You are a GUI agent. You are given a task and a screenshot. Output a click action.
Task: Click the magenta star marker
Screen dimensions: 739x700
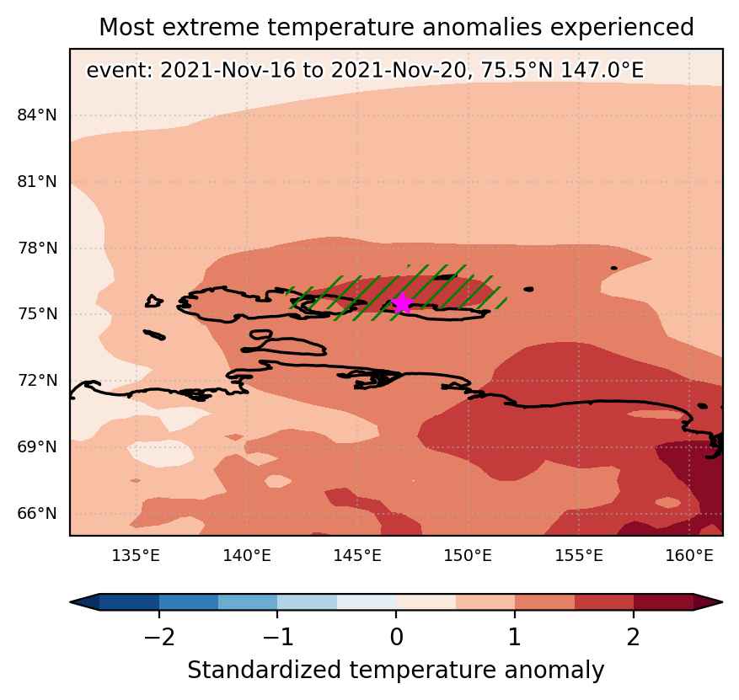tap(402, 303)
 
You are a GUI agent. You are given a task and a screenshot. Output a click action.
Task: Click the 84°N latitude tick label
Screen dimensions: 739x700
tap(37, 115)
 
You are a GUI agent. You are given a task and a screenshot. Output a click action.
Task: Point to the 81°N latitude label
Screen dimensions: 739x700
tap(37, 181)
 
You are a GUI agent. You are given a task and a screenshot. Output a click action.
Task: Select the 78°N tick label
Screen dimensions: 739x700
tap(37, 248)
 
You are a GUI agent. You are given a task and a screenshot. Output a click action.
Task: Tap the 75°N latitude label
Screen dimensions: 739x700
tap(37, 313)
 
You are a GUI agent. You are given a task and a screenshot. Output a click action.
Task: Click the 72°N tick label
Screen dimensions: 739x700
tap(37, 380)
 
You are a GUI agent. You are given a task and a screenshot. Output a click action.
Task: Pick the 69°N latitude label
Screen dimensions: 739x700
tap(37, 446)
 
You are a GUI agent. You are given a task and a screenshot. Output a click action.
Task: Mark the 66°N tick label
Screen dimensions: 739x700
tap(37, 513)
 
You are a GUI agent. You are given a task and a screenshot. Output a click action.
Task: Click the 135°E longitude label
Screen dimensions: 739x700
tap(136, 556)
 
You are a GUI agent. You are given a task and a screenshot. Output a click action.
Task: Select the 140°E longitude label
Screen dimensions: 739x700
tap(247, 556)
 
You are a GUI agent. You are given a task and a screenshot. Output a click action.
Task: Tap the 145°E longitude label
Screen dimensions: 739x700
tap(357, 556)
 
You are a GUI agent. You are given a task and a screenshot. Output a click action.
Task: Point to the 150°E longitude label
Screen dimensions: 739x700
tap(468, 556)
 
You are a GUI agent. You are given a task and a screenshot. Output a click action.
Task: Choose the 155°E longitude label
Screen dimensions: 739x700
tap(579, 556)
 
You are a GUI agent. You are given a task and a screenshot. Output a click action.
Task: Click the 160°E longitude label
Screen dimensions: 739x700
tap(689, 556)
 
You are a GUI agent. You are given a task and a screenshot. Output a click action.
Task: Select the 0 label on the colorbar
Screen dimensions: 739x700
tap(396, 638)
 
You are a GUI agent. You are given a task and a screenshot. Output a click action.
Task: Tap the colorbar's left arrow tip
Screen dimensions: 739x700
tap(70, 602)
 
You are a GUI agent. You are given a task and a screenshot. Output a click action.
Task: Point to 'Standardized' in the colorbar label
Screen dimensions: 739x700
tap(264, 671)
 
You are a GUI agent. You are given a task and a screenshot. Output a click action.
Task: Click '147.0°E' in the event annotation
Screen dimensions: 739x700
tap(602, 71)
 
